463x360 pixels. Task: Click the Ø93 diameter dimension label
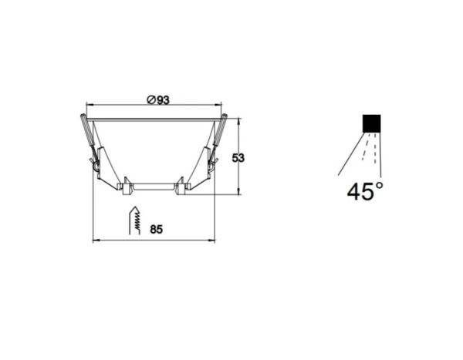[158, 100]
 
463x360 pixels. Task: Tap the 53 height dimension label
[238, 158]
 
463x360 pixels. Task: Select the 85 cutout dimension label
[156, 229]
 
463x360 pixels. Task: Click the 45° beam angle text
[365, 191]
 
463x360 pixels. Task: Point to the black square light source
[371, 123]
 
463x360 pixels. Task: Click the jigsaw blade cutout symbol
[134, 220]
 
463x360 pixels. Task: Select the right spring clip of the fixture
[218, 142]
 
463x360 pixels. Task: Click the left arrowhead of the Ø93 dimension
[89, 105]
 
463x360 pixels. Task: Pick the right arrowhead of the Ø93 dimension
[218, 105]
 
